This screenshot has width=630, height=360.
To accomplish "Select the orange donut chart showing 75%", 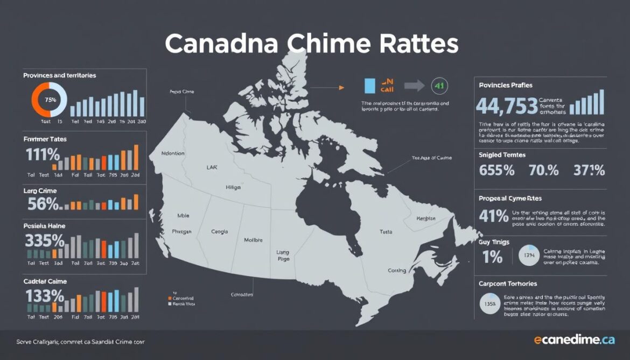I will [50, 100].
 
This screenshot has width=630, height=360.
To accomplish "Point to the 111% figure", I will [43, 155].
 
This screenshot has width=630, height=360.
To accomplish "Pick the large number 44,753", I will [507, 106].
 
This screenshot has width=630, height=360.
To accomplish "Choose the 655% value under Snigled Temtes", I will [496, 171].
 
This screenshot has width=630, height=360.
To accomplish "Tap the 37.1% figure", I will [589, 171].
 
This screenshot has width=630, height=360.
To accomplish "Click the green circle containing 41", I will [439, 85].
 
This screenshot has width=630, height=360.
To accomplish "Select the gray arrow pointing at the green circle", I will [414, 85].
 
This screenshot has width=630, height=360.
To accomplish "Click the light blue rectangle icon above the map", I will [369, 86].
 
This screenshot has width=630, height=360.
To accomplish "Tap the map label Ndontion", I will [173, 153].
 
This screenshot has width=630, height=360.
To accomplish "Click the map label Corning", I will [396, 271].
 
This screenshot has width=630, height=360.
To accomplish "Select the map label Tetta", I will [386, 232].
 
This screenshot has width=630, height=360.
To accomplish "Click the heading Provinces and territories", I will [59, 75].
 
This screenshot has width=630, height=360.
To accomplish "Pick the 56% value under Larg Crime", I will [43, 204].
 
